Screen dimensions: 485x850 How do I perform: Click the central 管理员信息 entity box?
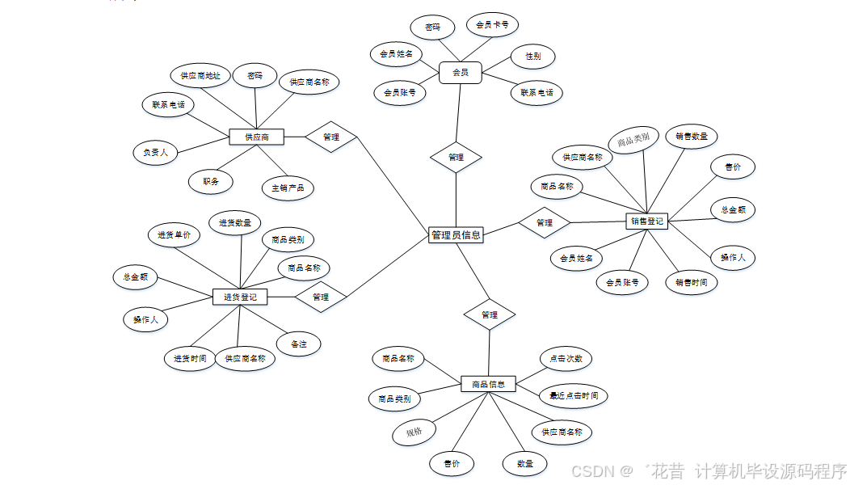[x=456, y=235]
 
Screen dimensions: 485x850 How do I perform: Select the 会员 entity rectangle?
[x=460, y=73]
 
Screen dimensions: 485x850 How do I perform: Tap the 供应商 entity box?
[x=257, y=137]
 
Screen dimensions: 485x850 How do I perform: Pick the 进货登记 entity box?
[x=240, y=297]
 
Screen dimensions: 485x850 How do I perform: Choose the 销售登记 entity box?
[x=646, y=221]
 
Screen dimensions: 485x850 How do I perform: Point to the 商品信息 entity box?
[x=488, y=384]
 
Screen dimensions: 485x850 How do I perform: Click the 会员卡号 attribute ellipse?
[x=492, y=25]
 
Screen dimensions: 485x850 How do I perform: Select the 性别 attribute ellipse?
[x=533, y=57]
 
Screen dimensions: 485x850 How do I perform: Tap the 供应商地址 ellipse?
[x=200, y=76]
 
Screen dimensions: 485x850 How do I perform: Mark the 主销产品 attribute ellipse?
[x=288, y=188]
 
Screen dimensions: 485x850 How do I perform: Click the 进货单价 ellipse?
[x=174, y=235]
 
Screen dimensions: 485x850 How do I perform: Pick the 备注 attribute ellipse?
[x=298, y=344]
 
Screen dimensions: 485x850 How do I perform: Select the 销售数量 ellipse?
[x=692, y=137]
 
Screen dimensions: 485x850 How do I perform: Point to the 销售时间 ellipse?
[x=692, y=282]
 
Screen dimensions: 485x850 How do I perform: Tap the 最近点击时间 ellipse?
[x=574, y=395]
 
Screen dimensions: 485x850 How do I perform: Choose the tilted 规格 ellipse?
[x=414, y=432]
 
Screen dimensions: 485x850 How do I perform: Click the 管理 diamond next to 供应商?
[x=331, y=137]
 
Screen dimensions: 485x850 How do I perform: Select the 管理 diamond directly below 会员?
[x=456, y=157]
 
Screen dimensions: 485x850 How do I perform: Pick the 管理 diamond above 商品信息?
[x=490, y=314]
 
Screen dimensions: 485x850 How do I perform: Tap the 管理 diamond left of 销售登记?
[x=545, y=222]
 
